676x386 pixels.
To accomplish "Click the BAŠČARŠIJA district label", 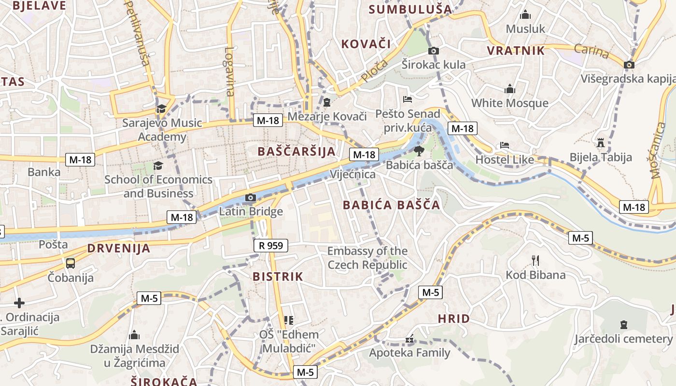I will [x=296, y=151].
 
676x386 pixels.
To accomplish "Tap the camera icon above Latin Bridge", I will [x=250, y=197].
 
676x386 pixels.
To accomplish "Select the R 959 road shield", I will [x=271, y=246].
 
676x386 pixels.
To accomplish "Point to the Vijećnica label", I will [x=352, y=174].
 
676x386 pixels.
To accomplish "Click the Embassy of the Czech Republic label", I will [x=367, y=258].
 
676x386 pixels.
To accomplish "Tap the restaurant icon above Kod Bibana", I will [x=535, y=261].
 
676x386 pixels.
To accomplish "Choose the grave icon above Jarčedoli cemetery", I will [x=623, y=325].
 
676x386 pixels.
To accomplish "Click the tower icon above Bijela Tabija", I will [x=601, y=143].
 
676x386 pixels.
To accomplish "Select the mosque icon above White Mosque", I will [x=509, y=89].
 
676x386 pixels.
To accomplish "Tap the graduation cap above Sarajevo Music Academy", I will [x=161, y=109].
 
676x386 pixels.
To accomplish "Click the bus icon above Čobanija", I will [x=70, y=263].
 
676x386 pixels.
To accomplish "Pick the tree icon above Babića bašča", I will [x=419, y=151].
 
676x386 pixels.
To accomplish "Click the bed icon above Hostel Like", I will [x=505, y=145].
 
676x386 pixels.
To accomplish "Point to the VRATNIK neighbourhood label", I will [x=516, y=51].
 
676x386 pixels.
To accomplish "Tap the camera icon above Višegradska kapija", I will [x=629, y=65].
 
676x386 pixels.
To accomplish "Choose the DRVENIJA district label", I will [x=119, y=249].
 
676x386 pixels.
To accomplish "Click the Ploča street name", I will [x=374, y=70].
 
